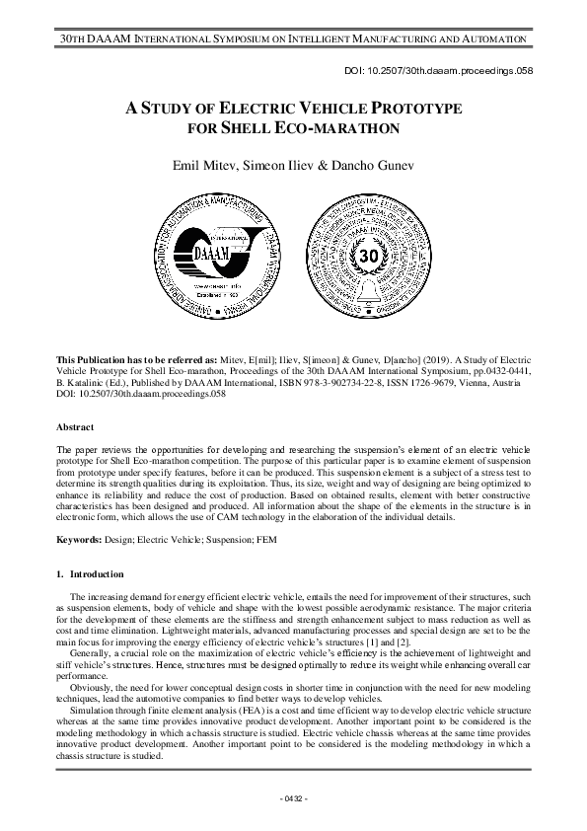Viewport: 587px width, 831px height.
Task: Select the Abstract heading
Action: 75,427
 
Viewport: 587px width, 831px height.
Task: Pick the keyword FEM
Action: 273,540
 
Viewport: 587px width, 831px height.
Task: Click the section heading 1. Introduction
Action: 90,573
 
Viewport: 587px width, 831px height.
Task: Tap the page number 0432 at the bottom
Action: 293,797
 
